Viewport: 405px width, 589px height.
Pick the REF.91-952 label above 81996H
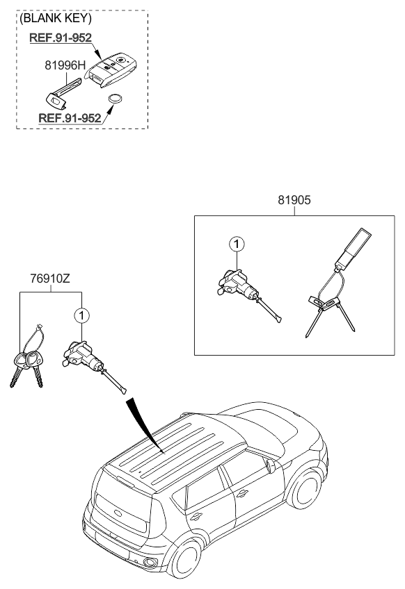coord(61,38)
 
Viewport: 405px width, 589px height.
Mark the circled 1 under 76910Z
coord(82,315)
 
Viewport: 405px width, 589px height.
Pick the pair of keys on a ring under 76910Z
coord(28,361)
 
